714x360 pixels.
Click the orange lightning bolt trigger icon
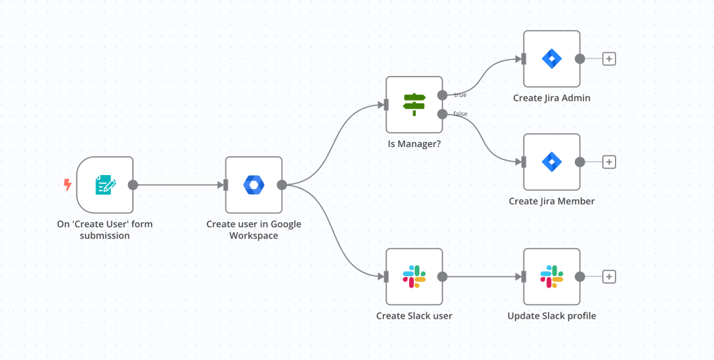(x=67, y=185)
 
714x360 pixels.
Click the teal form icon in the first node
(x=105, y=185)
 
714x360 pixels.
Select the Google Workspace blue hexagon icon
(x=253, y=185)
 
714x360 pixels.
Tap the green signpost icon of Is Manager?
(x=414, y=105)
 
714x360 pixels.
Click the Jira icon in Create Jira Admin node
(x=552, y=58)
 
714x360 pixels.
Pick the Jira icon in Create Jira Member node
(x=552, y=162)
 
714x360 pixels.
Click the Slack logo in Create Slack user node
(x=414, y=276)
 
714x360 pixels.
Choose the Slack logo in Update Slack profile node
(x=552, y=276)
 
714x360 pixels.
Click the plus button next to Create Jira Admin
(x=609, y=59)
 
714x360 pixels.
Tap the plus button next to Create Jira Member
(x=609, y=162)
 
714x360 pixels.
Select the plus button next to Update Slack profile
(x=609, y=276)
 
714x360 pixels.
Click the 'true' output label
(x=460, y=95)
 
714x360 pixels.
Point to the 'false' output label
(x=460, y=114)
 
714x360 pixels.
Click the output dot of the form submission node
(x=133, y=185)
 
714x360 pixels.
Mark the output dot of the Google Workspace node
(x=282, y=185)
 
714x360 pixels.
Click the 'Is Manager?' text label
(x=414, y=143)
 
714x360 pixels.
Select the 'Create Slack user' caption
(x=414, y=316)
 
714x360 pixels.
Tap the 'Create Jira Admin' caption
(x=552, y=98)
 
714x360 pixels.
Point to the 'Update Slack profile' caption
(x=552, y=316)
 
